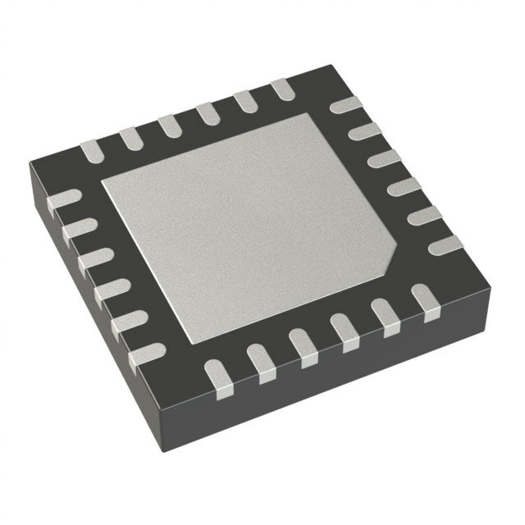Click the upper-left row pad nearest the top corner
click(281, 89)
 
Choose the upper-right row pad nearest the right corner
click(446, 244)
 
